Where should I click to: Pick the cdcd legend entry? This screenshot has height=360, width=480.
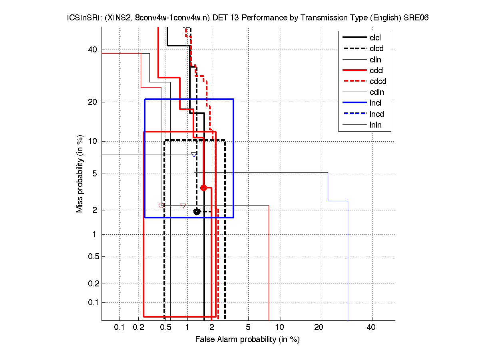(378, 82)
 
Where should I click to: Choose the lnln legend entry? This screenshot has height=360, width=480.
(375, 125)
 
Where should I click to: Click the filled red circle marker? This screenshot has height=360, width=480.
(203, 188)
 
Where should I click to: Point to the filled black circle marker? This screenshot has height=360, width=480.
(197, 212)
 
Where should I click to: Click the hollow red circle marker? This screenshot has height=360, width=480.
(161, 205)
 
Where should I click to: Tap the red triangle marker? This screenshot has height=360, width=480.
(183, 206)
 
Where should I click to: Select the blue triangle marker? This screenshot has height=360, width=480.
(194, 155)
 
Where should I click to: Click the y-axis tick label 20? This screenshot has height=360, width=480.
(92, 102)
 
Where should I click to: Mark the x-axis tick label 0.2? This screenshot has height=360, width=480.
(139, 328)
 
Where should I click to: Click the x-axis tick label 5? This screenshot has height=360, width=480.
(248, 328)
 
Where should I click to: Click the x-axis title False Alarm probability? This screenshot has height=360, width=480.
(247, 340)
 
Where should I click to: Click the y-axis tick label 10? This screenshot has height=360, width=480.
(92, 141)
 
